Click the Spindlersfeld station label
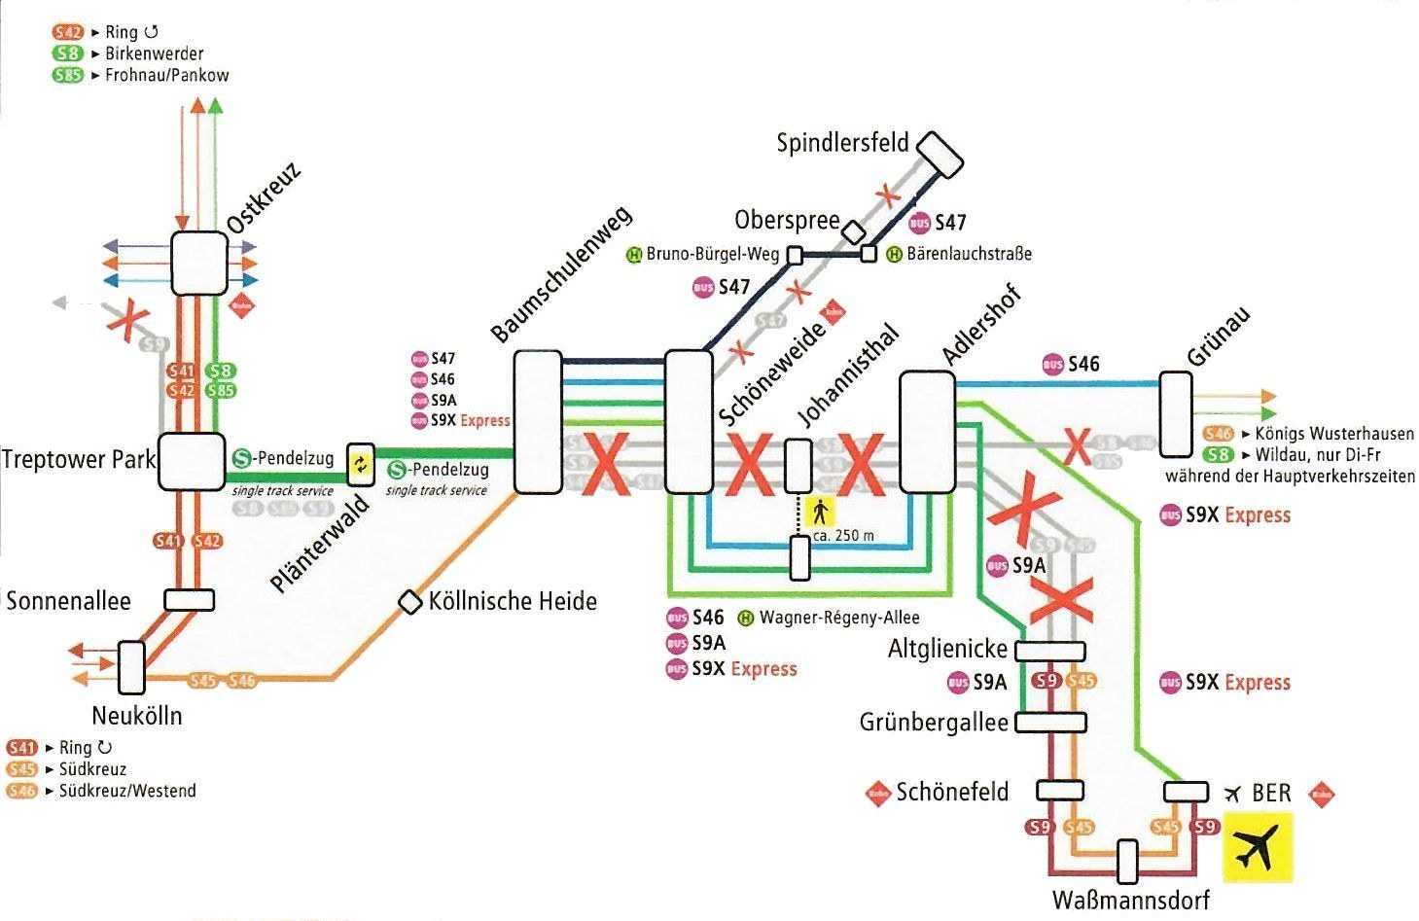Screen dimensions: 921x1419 click(842, 143)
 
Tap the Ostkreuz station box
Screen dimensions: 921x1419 click(198, 263)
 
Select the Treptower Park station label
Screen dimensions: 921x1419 click(78, 459)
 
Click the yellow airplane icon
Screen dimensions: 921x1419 click(1258, 848)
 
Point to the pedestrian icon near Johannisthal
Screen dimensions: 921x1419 click(821, 509)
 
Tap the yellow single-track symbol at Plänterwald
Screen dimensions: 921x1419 click(361, 463)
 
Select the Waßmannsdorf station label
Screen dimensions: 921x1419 click(1130, 900)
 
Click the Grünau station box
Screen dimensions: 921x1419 click(1175, 414)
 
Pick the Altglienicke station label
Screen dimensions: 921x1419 click(947, 649)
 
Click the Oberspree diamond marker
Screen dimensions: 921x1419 click(853, 231)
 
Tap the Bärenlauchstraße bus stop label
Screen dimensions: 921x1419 click(969, 254)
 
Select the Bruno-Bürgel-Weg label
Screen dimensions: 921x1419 click(712, 255)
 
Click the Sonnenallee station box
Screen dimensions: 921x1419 click(190, 600)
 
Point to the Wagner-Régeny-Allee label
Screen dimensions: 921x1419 click(838, 617)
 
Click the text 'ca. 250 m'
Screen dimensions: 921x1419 click(843, 536)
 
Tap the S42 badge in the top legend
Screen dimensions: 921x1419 click(68, 32)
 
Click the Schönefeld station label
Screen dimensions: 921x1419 click(952, 792)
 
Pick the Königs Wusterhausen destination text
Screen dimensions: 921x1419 click(1334, 434)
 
